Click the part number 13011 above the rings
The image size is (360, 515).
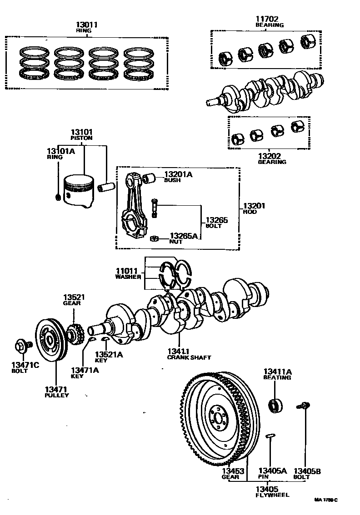tap(87, 25)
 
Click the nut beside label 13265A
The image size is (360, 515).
tap(154, 238)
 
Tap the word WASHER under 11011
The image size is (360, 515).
tap(128, 277)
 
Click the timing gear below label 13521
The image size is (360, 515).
tap(74, 335)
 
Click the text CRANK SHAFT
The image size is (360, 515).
tap(189, 357)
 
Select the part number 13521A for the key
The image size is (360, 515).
tap(109, 355)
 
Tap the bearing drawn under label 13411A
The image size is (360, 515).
tap(275, 404)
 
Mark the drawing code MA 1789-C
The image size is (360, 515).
tap(326, 500)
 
